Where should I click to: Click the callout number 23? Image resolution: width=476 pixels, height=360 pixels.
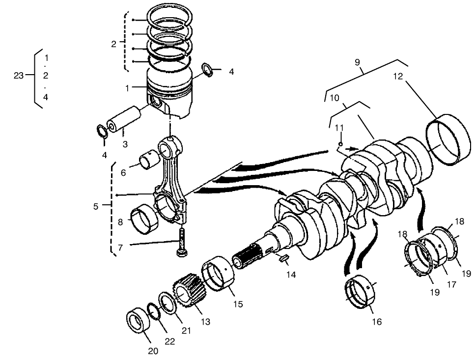pyautogui.click(x=19, y=75)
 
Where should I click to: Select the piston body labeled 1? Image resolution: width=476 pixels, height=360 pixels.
pyautogui.click(x=169, y=96)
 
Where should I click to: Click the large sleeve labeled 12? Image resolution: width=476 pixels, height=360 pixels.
pyautogui.click(x=448, y=140)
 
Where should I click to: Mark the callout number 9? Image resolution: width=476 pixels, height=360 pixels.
pyautogui.click(x=358, y=62)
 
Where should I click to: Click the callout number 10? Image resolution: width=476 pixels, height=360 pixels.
pyautogui.click(x=335, y=98)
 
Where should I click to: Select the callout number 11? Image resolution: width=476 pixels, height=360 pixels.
pyautogui.click(x=339, y=128)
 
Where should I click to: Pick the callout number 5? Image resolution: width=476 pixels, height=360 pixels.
pyautogui.click(x=96, y=207)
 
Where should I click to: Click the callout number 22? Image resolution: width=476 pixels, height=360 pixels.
pyautogui.click(x=169, y=341)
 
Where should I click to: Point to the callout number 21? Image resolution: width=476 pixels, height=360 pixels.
pyautogui.click(x=186, y=331)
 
